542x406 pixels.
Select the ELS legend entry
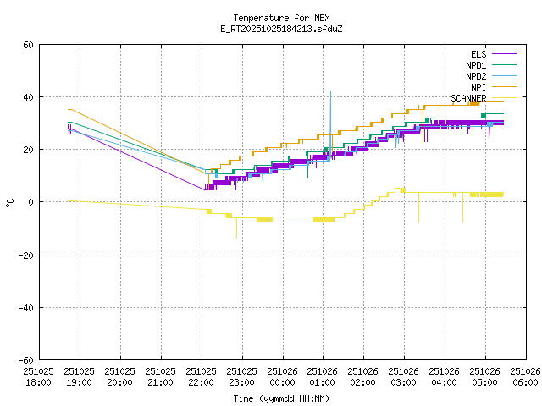[478, 54]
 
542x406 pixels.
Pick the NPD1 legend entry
[475, 65]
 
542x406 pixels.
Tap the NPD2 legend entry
[475, 76]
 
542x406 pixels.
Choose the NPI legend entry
[478, 87]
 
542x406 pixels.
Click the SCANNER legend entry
[468, 98]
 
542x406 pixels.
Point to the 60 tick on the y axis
[29, 45]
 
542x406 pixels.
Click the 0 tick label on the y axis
[31, 202]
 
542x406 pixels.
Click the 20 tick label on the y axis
[29, 150]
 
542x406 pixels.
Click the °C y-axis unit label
[9, 202]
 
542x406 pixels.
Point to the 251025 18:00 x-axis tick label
[39, 376]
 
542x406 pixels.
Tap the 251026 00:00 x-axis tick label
[282, 376]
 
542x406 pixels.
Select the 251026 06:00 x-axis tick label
[525, 376]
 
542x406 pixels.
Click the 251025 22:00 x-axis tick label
[201, 376]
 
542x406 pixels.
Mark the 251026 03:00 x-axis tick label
[404, 376]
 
